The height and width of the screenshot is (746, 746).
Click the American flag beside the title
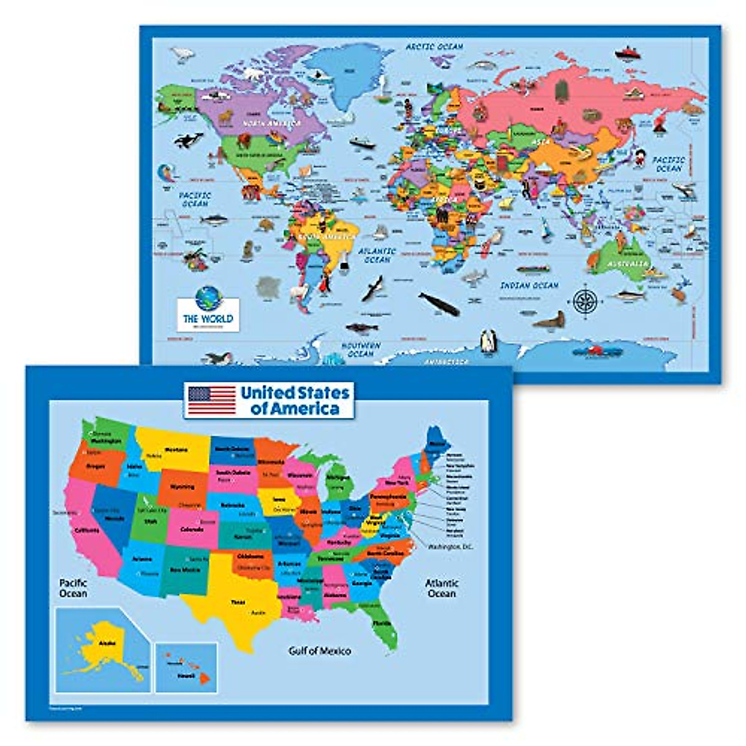[212, 400]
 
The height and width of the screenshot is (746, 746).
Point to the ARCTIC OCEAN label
[435, 47]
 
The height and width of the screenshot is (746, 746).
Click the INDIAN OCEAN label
[529, 285]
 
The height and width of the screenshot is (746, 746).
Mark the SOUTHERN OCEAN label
[361, 349]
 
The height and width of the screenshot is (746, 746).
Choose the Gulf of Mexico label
[320, 651]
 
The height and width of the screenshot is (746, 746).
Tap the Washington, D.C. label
[451, 546]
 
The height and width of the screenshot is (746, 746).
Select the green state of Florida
[381, 622]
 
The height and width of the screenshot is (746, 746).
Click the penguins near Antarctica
[488, 340]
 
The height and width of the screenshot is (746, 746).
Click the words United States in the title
[295, 392]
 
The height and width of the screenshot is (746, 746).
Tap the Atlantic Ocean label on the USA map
[441, 588]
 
